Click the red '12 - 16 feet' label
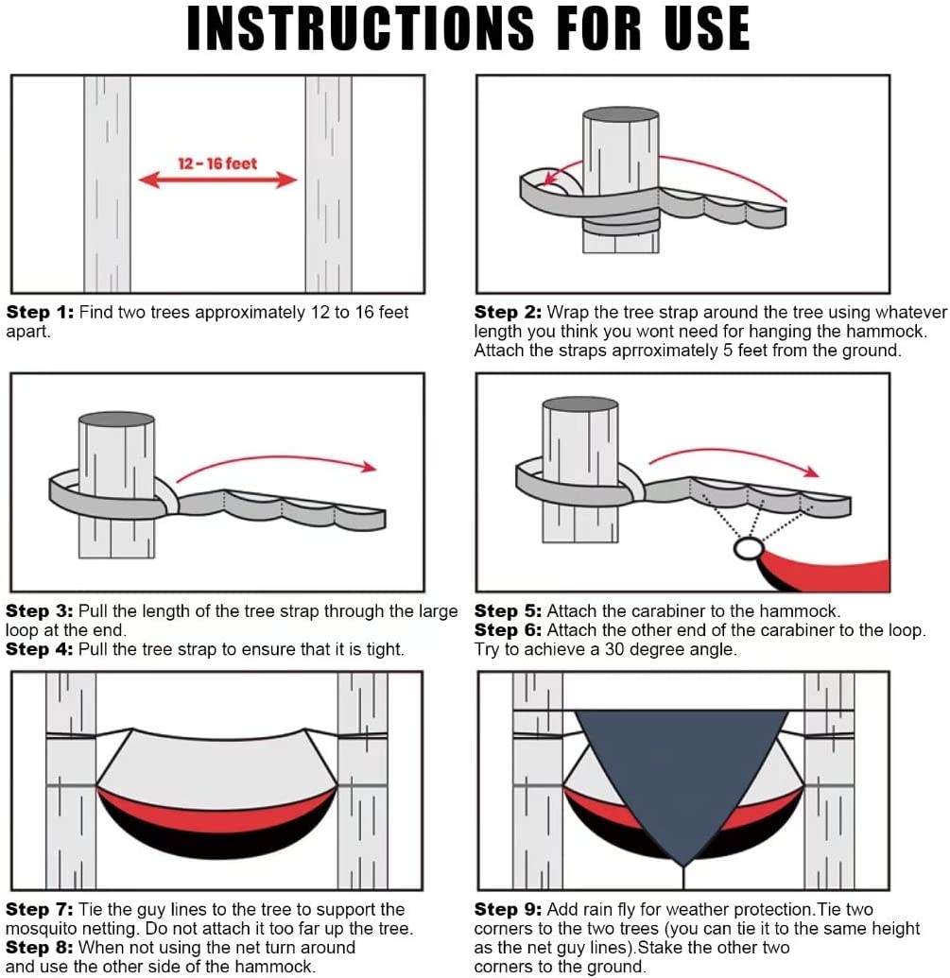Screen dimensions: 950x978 coord(217,163)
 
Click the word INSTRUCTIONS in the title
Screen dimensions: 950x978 coord(360,28)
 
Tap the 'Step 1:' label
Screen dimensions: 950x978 coord(40,312)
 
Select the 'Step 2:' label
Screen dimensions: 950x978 coord(508,312)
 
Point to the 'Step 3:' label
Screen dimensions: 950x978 coord(40,610)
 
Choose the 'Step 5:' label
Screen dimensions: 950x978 coord(508,610)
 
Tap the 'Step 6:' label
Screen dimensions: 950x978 coord(508,630)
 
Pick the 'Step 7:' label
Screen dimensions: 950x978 coord(40,909)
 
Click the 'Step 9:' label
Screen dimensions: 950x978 coord(508,909)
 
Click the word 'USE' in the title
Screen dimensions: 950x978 coord(707,28)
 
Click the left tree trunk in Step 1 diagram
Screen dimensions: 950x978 coord(107,184)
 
